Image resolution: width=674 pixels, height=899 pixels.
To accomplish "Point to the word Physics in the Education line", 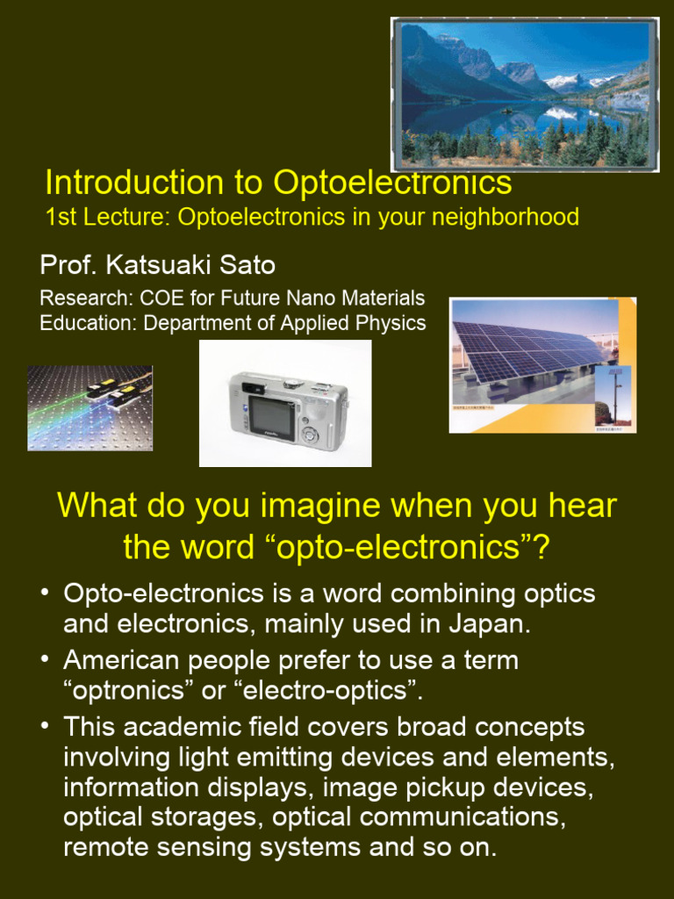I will (x=386, y=323).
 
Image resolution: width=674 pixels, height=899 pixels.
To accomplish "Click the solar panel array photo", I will (x=542, y=364).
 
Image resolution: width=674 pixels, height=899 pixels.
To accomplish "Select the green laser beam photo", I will (x=90, y=408).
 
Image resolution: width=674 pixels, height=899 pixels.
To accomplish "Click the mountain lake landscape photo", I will (x=524, y=94).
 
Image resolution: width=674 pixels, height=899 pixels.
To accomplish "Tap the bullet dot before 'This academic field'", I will (x=45, y=727).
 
